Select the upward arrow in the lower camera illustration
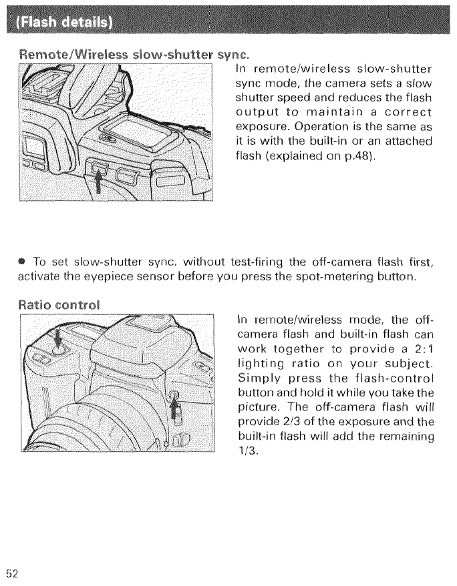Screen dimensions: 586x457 point(176,406)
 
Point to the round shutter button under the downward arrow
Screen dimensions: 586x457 point(58,348)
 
